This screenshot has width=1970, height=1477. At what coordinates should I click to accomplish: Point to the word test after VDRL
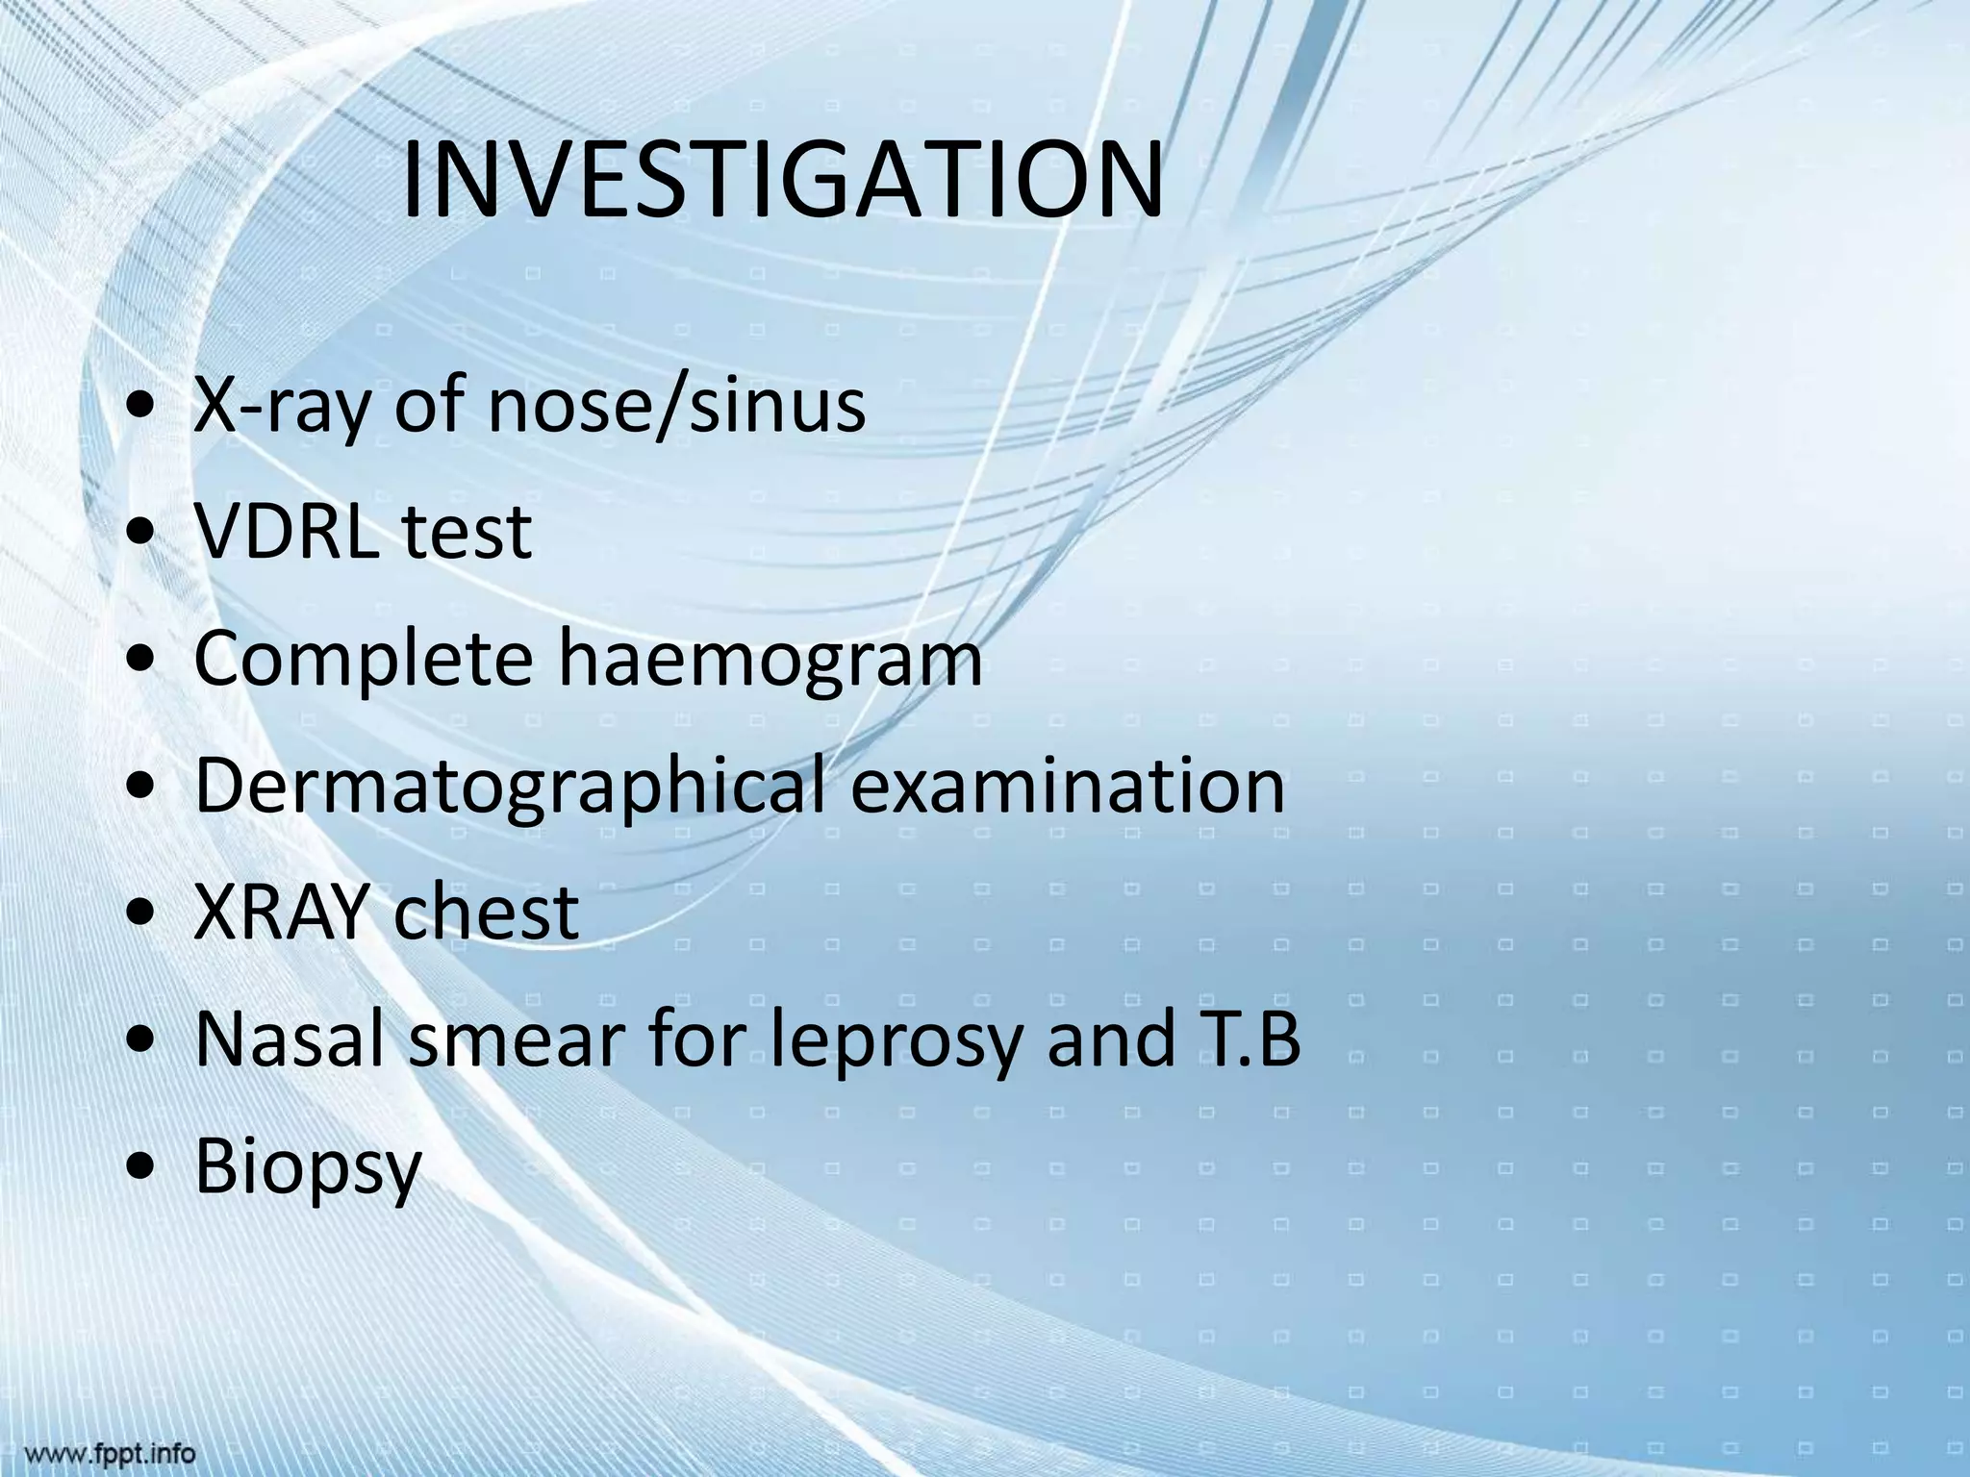click(x=467, y=532)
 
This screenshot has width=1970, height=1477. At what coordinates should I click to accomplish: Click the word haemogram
click(x=771, y=660)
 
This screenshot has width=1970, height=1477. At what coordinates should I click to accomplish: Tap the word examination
click(x=1069, y=787)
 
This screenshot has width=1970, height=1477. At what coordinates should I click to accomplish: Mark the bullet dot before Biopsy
click(x=142, y=1170)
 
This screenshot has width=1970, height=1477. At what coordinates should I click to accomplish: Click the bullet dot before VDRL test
click(x=142, y=535)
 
